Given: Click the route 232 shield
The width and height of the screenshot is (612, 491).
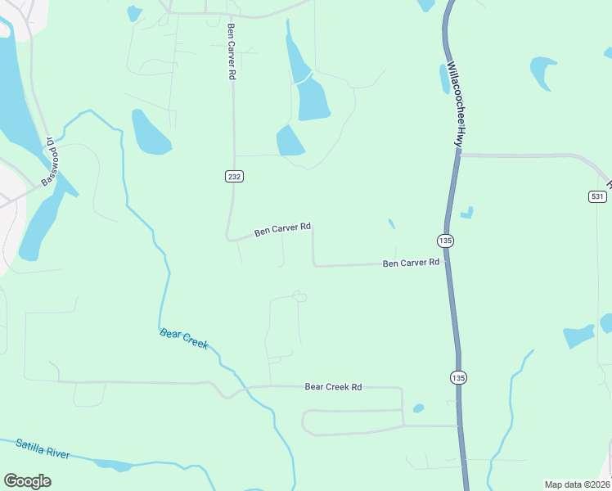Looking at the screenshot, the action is click(x=234, y=176).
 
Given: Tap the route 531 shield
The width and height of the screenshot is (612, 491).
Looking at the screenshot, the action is click(x=596, y=196).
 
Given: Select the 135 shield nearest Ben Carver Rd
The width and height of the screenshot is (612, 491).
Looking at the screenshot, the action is click(x=445, y=241).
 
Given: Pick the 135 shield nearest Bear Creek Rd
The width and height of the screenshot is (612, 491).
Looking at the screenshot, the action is click(x=457, y=377).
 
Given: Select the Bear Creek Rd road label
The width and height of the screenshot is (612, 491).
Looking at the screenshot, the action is click(x=333, y=386).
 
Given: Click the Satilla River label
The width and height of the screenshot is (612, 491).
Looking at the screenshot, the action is click(x=43, y=449).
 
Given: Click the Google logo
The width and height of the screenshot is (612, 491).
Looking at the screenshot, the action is click(x=28, y=481).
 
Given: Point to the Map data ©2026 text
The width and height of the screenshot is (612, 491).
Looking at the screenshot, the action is click(x=577, y=484).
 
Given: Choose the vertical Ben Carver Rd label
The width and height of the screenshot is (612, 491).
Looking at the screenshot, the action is click(x=232, y=51).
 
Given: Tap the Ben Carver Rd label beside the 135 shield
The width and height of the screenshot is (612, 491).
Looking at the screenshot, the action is click(x=411, y=263).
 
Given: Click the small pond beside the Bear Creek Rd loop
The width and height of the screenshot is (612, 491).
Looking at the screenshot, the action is click(x=419, y=408).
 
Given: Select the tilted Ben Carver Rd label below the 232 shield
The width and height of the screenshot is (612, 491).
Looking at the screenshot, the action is click(x=282, y=229).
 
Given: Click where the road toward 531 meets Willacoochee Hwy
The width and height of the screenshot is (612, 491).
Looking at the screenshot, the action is click(x=459, y=155).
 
